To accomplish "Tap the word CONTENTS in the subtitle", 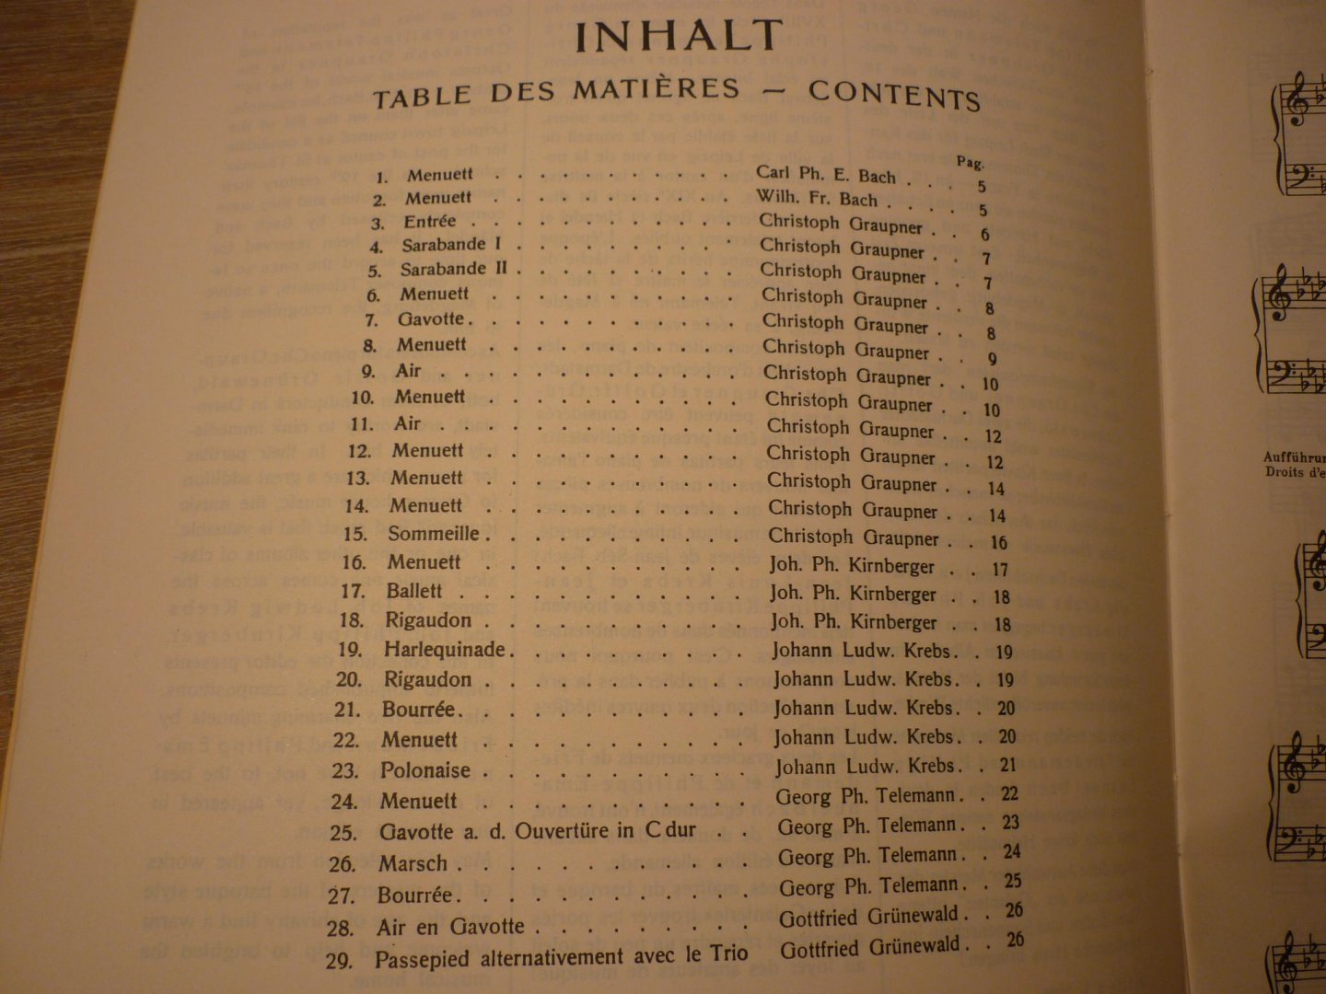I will tap(894, 94).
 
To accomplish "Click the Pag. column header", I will tap(970, 163).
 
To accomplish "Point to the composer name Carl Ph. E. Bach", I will tap(826, 175).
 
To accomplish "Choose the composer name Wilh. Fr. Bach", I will tap(817, 198).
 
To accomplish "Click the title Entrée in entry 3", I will tap(429, 222).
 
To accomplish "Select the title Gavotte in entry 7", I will tap(431, 319).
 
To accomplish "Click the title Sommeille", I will tap(433, 534).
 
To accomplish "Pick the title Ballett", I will tap(414, 591).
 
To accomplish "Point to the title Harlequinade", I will tap(445, 650).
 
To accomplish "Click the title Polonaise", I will tap(425, 770).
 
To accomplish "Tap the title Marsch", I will tap(413, 863).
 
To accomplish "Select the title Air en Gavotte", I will tap(450, 927).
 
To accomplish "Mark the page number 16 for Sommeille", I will tap(999, 542).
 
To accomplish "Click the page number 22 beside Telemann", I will tap(1009, 794).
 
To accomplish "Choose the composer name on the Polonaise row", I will tap(865, 767).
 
